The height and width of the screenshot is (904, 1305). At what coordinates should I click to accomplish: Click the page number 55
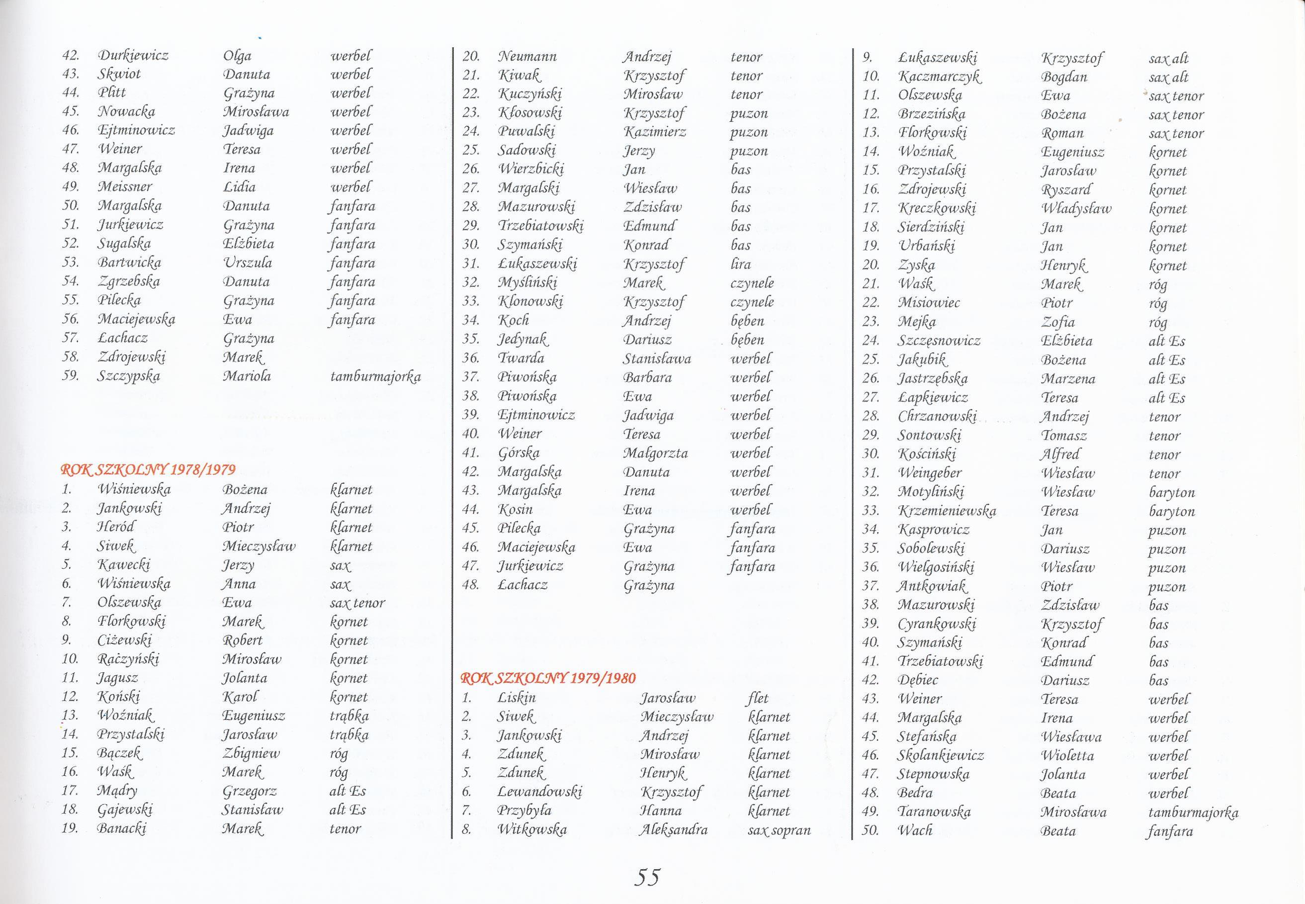click(x=647, y=877)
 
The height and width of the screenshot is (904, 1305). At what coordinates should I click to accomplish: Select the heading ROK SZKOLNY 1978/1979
click(x=148, y=469)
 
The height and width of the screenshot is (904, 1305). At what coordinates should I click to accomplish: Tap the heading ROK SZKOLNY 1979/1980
click(x=548, y=678)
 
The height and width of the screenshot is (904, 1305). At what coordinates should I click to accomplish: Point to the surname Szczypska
click(x=129, y=376)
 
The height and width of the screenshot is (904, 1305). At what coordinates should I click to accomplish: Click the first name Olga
click(x=237, y=56)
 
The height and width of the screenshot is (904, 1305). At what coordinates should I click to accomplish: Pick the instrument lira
click(x=741, y=264)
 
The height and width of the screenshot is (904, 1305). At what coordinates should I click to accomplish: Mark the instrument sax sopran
click(x=779, y=830)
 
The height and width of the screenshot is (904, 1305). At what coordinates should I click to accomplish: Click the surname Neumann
click(x=527, y=57)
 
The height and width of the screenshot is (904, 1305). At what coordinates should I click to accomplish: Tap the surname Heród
click(x=116, y=527)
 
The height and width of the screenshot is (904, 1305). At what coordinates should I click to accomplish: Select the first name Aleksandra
click(x=673, y=830)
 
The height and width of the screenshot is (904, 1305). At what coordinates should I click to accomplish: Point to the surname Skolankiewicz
click(x=941, y=755)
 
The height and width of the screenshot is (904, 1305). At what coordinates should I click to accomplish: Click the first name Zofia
click(x=1057, y=322)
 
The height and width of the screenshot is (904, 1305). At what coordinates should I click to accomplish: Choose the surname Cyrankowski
click(x=937, y=624)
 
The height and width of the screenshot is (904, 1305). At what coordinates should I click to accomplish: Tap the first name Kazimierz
click(x=654, y=132)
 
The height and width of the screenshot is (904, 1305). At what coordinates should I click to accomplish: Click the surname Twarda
click(x=521, y=358)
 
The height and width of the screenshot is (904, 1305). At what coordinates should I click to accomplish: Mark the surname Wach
click(x=915, y=831)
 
